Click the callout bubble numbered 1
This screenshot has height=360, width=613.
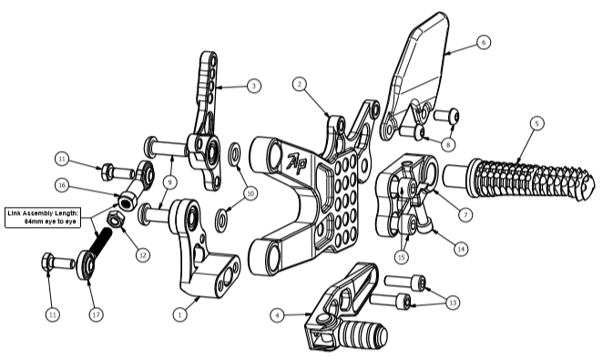(x=179, y=314)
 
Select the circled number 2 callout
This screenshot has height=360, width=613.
(x=300, y=84)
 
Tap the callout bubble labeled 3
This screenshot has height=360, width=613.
(x=254, y=86)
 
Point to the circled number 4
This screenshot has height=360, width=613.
(x=277, y=315)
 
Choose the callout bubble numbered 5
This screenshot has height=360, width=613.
(x=536, y=123)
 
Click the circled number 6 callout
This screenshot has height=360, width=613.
(x=484, y=42)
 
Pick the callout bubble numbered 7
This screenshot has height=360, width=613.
(x=465, y=214)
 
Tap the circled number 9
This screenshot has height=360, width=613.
(x=169, y=182)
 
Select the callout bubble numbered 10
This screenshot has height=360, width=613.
(x=250, y=193)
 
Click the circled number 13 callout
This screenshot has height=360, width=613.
(x=453, y=303)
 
